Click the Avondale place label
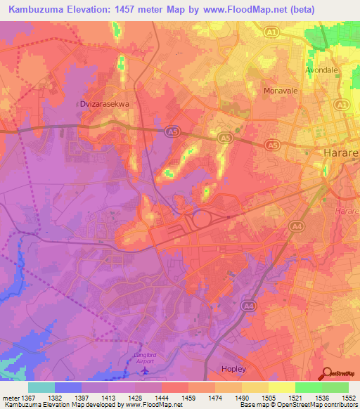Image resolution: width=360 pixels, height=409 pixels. pos(324,71)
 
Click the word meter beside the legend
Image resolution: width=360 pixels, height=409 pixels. pos(10,397)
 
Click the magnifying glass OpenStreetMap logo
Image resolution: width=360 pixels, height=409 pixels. pos(326,374)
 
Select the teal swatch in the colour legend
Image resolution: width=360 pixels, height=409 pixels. pos(41,387)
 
